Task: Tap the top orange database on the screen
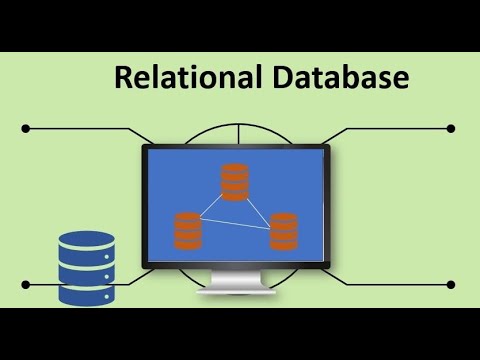pyautogui.click(x=235, y=181)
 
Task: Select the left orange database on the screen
pyautogui.click(x=188, y=231)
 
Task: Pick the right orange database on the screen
pyautogui.click(x=284, y=231)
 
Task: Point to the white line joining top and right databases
pyautogui.click(x=259, y=207)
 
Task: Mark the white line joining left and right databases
pyautogui.click(x=236, y=224)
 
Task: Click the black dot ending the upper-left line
pyautogui.click(x=25, y=128)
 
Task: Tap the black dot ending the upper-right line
pyautogui.click(x=451, y=128)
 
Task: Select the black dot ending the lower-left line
pyautogui.click(x=25, y=284)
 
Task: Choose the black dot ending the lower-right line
pyautogui.click(x=451, y=284)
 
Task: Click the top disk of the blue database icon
pyautogui.click(x=87, y=243)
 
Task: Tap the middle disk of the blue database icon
pyautogui.click(x=87, y=269)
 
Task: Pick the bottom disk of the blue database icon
pyautogui.click(x=87, y=293)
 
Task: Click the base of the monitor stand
pyautogui.click(x=236, y=291)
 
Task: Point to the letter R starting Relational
pyautogui.click(x=123, y=78)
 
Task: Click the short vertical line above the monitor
pyautogui.click(x=236, y=134)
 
